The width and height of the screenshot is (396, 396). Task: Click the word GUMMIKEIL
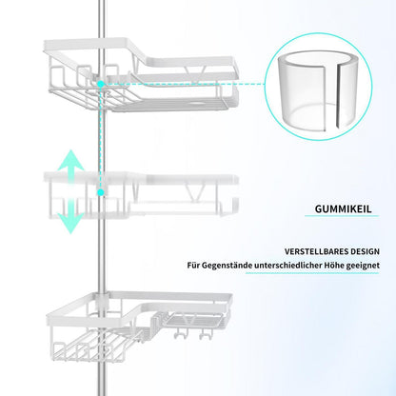pos(343,209)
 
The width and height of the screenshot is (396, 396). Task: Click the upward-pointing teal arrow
pos(70,165)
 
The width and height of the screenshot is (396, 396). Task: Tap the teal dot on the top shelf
pos(101,84)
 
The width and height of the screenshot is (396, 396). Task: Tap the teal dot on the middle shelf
pos(101,192)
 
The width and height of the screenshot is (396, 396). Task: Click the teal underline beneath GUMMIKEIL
pos(342,216)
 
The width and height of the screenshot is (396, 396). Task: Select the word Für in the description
pos(193,265)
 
